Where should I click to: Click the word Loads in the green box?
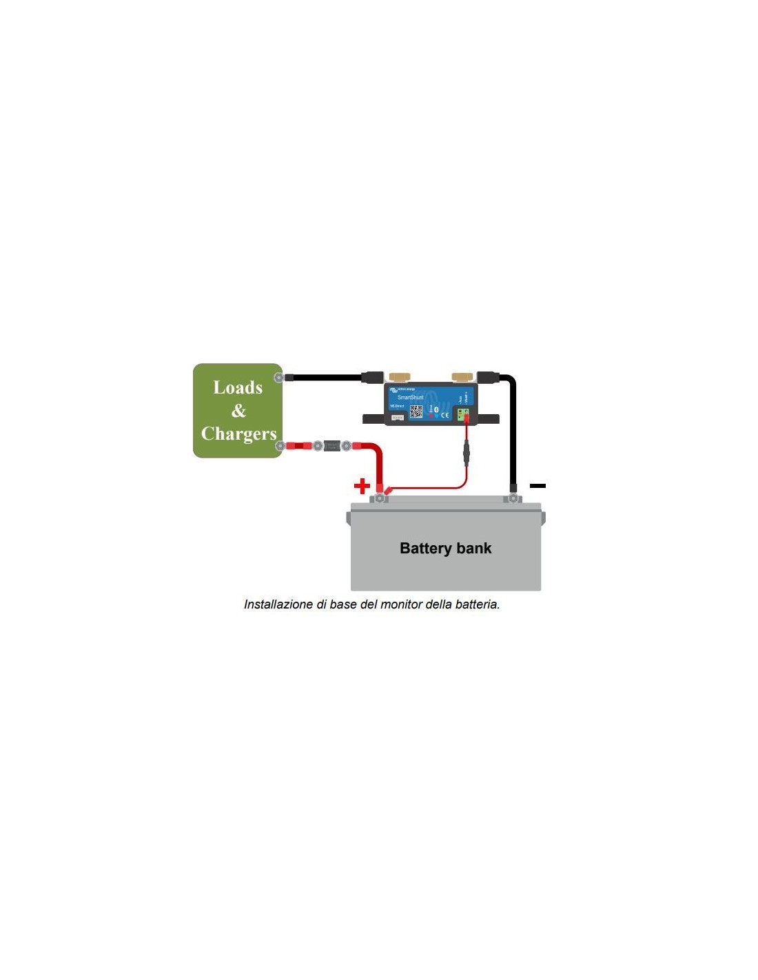[x=238, y=388]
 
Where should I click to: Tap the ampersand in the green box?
[x=238, y=411]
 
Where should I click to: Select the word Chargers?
[x=238, y=433]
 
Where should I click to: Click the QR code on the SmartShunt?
[x=416, y=411]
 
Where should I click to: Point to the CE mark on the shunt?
[x=444, y=415]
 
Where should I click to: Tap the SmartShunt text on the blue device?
[x=410, y=398]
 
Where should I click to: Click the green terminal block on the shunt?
[x=463, y=414]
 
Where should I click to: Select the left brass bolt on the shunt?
[x=399, y=376]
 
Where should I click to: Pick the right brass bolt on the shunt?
[x=462, y=376]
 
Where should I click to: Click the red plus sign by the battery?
[x=362, y=486]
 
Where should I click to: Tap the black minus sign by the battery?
[x=537, y=486]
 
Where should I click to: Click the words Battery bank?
[x=445, y=549]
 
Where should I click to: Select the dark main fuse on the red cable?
[x=332, y=446]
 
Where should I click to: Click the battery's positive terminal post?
[x=379, y=497]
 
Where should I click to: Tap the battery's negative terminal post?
[x=513, y=496]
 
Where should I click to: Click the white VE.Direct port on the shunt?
[x=398, y=418]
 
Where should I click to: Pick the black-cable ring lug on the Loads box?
[x=279, y=377]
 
